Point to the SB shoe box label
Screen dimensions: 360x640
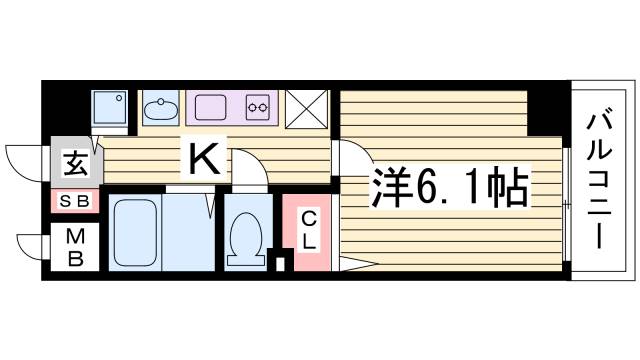point(73,202)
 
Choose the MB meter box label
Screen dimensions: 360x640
point(75,246)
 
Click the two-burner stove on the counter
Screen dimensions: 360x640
point(258,105)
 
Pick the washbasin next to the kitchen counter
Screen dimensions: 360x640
point(159,106)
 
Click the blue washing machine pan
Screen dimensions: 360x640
point(108,106)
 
